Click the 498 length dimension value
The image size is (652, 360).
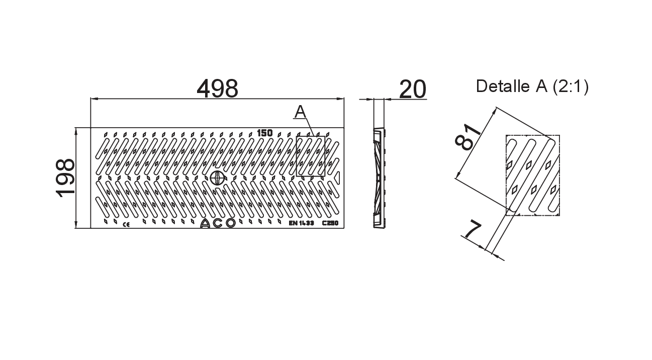pos(218,88)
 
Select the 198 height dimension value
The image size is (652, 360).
pos(65,178)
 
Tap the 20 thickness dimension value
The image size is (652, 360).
pos(412,89)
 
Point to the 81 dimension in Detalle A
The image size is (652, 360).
pos(468,137)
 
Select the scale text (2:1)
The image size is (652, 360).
pos(571,86)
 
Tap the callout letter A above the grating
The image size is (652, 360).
pos(300,112)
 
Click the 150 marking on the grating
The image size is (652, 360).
pos(265,133)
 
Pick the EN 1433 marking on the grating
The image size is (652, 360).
pos(301,223)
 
